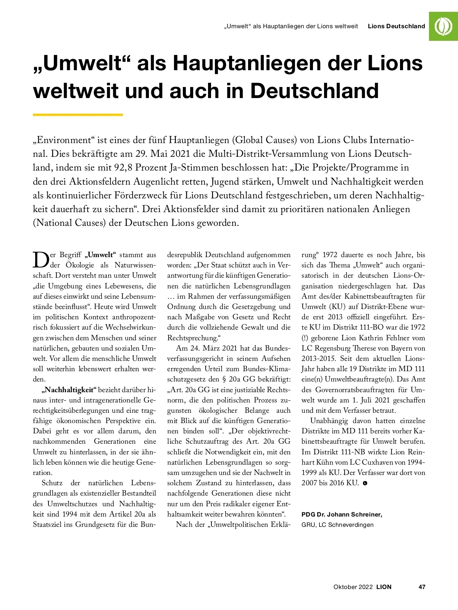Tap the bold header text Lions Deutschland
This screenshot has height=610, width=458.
396,26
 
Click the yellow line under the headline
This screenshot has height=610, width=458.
78,114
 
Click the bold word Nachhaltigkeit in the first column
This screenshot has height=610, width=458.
69,390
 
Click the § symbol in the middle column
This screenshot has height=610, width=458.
224,379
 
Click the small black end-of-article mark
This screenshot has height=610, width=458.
365,483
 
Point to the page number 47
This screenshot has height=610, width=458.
422,587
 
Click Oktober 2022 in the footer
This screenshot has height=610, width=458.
353,587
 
